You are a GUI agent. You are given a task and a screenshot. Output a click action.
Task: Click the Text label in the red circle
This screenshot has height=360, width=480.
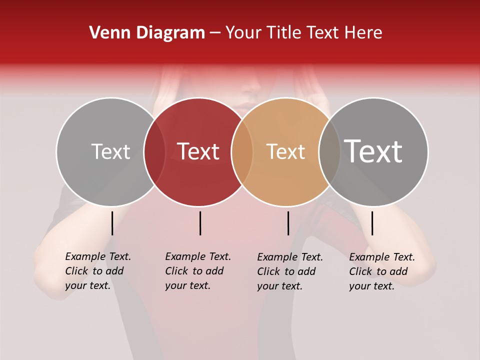pos(198,151)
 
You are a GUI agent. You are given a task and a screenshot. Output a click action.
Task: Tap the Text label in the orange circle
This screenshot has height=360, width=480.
pos(285,151)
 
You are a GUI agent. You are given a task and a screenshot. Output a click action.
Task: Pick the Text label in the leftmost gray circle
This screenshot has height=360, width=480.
pos(110,151)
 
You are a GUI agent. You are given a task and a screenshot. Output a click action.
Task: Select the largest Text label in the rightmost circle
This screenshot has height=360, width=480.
pos(373,151)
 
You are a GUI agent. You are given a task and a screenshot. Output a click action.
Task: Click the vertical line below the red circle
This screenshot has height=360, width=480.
pos(200,223)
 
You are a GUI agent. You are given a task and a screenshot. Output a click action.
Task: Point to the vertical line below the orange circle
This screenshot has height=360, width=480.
pos(288,223)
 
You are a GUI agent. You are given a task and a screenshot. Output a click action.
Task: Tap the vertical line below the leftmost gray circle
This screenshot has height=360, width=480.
pos(112,223)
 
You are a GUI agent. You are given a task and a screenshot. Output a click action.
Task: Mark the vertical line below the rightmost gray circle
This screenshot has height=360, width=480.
pos(372,223)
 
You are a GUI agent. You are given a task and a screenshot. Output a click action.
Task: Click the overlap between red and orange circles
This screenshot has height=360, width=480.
pos(242,152)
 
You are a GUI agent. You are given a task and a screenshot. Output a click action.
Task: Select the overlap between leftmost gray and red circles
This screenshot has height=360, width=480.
pos(154,152)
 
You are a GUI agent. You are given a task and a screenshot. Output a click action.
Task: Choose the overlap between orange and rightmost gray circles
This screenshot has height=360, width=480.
pos(329,152)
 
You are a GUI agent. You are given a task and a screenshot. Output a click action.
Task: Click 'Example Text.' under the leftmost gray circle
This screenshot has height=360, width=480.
pos(98,256)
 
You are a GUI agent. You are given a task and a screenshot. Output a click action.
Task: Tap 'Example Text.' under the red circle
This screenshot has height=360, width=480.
pos(198,256)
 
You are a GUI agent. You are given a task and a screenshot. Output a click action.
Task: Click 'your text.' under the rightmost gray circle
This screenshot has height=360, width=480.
pos(372,286)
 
